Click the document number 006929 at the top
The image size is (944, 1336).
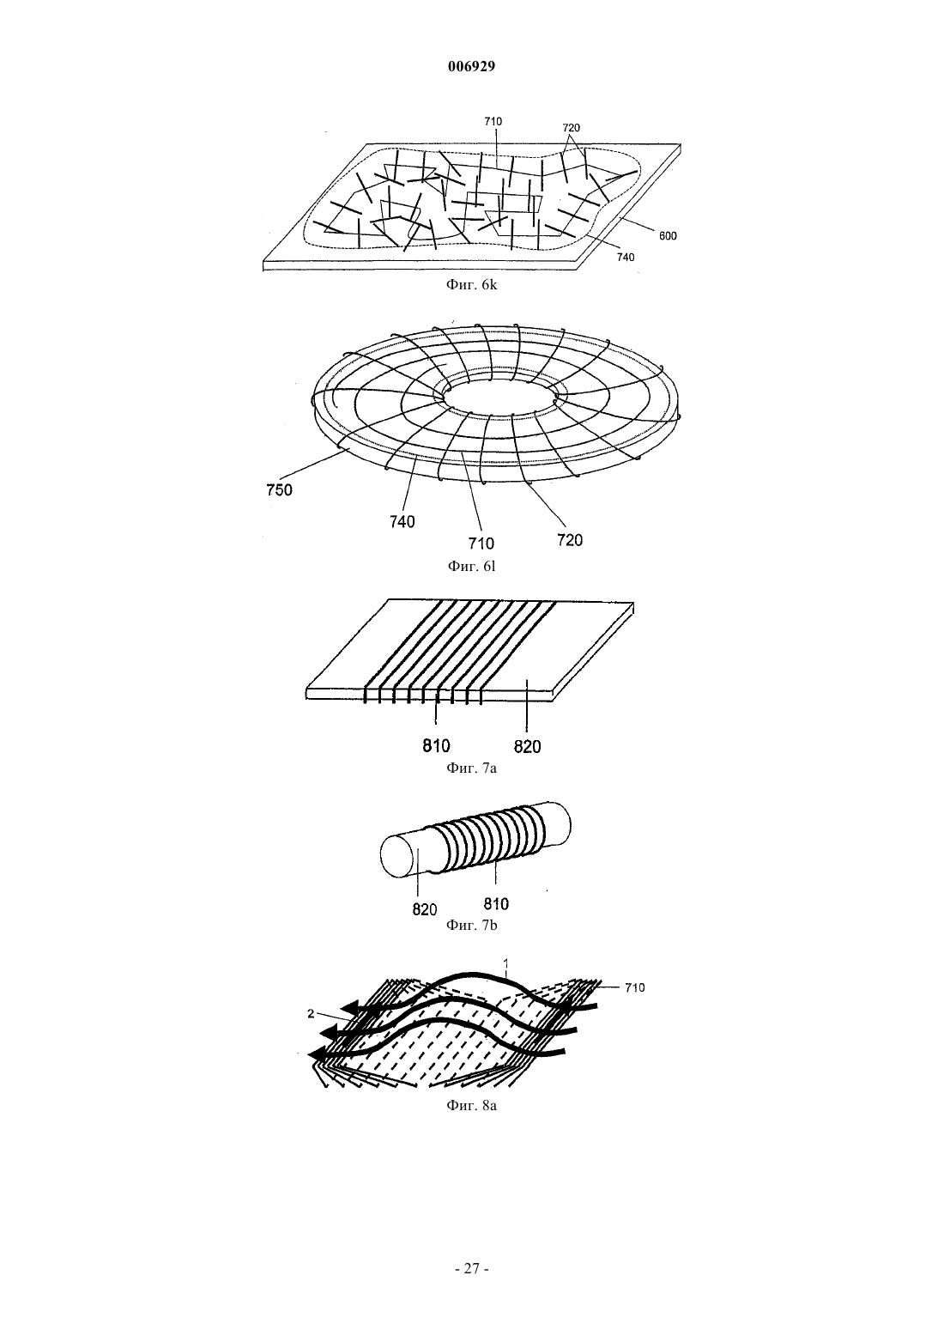471,67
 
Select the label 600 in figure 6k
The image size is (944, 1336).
668,236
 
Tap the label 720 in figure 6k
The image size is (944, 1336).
571,128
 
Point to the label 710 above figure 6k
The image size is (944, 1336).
493,122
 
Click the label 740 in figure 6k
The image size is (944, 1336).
625,258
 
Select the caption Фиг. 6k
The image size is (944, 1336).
471,284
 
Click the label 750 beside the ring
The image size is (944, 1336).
280,490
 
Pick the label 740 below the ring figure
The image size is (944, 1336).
402,522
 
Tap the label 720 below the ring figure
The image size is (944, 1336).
570,540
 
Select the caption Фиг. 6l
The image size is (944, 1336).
471,566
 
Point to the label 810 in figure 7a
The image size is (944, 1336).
436,745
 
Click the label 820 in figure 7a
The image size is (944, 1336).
528,746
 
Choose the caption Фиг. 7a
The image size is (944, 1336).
471,768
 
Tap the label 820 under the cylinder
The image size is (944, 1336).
424,909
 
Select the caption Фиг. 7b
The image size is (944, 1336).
471,925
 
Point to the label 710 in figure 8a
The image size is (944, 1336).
635,987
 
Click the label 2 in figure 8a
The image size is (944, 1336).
311,1013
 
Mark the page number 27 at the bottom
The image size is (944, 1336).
471,1268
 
